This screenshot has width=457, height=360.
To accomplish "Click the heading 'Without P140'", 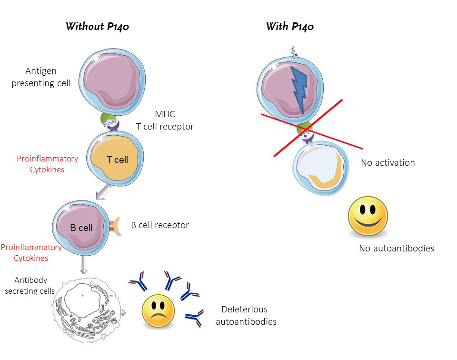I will click(x=97, y=26).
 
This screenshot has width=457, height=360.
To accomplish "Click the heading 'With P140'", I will click(x=289, y=26).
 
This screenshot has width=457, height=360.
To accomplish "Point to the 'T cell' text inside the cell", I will click(x=117, y=160).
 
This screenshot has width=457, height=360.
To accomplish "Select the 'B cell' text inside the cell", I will click(x=81, y=228).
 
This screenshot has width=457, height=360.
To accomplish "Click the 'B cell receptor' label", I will click(x=160, y=225).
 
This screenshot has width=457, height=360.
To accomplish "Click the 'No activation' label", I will click(x=387, y=163).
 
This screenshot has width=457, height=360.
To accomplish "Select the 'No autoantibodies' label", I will click(x=396, y=248).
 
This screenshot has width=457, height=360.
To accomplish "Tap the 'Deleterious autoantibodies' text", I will click(x=246, y=315).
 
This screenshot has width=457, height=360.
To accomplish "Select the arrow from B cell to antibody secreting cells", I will click(x=83, y=264).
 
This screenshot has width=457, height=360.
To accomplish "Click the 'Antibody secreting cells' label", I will click(x=30, y=285).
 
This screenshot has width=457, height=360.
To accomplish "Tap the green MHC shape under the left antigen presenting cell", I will click(x=109, y=119).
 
